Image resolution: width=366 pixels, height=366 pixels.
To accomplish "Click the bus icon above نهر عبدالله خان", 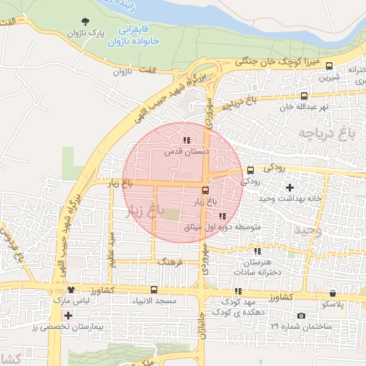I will click(305, 95).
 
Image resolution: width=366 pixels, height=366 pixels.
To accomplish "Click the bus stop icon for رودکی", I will click(250, 170).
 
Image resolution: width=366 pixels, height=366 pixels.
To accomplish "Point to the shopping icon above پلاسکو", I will click(333, 293).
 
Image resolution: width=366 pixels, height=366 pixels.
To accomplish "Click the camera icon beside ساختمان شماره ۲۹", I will click(301, 316).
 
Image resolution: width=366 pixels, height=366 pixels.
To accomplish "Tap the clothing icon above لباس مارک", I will click(71, 290).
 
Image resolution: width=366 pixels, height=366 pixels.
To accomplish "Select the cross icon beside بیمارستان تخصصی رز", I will click(67, 315).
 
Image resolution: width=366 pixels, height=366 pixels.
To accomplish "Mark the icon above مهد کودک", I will click(238, 291).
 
